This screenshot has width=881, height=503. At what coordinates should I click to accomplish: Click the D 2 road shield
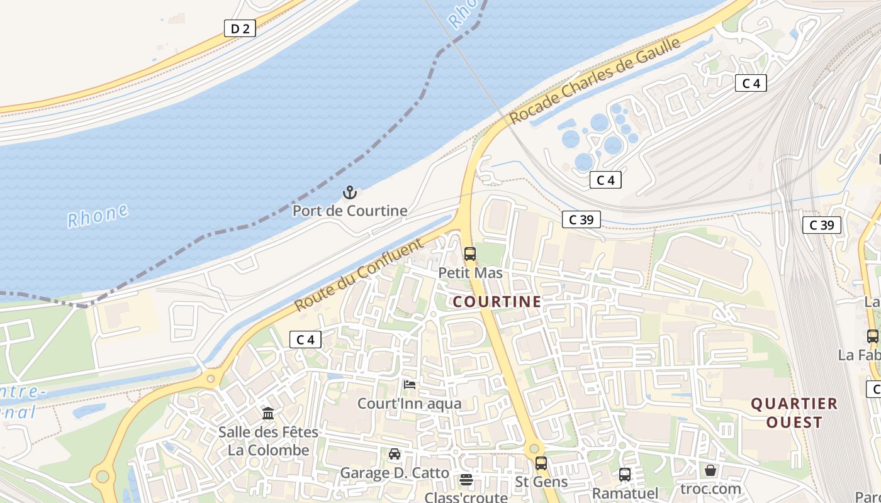(240, 28)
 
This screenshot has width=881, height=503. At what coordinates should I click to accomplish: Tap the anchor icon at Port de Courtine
(349, 192)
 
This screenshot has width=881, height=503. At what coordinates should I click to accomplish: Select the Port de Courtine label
(349, 211)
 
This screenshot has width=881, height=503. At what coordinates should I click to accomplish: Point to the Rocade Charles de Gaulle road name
(595, 80)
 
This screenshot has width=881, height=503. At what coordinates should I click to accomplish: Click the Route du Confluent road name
(358, 274)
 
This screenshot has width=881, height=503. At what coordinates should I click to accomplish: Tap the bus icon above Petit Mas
(470, 254)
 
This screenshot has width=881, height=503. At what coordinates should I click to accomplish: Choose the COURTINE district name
(497, 302)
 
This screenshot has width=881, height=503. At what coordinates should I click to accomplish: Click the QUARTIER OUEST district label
(794, 412)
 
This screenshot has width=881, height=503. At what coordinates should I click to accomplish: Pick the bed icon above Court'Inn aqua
(409, 385)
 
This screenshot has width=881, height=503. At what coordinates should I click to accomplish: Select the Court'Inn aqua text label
(409, 404)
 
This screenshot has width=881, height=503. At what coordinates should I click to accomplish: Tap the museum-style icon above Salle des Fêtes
(268, 414)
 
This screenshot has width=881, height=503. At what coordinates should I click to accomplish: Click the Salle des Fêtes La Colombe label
(269, 441)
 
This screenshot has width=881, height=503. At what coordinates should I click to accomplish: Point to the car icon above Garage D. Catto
(395, 454)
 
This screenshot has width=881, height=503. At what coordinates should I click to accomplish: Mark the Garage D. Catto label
(395, 473)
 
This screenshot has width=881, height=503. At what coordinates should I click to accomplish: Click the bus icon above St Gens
(541, 463)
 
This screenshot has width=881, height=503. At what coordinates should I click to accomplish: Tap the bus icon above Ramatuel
(625, 475)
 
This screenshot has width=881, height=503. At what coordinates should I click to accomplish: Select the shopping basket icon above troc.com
(710, 470)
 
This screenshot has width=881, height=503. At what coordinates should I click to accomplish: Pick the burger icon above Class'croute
(466, 480)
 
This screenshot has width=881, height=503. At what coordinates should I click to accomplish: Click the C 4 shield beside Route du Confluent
(306, 340)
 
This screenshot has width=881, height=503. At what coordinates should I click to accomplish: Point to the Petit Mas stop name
(470, 273)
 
